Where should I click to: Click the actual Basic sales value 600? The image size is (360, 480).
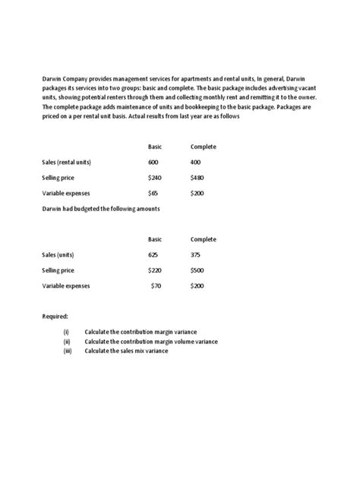[153, 162]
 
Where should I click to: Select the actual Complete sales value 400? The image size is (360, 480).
[196, 162]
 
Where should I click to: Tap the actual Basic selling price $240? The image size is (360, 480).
[155, 177]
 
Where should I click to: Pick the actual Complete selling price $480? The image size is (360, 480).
[198, 177]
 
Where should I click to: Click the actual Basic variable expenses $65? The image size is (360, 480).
[154, 193]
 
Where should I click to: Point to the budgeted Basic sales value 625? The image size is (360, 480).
[153, 254]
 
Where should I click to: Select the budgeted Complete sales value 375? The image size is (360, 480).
[196, 254]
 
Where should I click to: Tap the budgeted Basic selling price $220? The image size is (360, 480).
[155, 270]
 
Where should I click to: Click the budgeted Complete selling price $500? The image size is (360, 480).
[198, 270]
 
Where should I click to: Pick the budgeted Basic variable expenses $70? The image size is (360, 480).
[156, 286]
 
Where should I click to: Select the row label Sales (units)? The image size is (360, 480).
[63, 254]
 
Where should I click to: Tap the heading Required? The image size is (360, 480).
[55, 316]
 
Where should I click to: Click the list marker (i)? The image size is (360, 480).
[67, 332]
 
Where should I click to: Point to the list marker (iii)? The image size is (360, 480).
[68, 350]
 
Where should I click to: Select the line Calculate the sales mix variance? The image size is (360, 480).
[126, 350]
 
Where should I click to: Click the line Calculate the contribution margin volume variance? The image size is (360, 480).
[151, 341]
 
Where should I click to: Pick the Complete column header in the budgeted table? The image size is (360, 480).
[204, 239]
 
